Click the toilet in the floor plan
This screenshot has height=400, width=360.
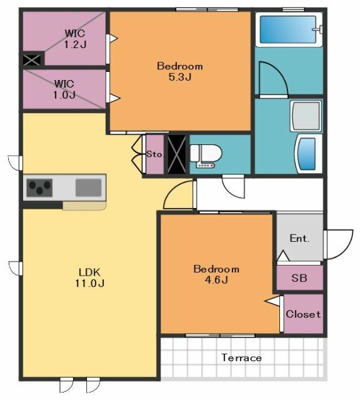tap(206, 156)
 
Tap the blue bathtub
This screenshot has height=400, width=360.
tap(288, 29)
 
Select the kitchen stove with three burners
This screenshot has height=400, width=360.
tap(39, 187)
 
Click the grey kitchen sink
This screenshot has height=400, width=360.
tap(88, 187)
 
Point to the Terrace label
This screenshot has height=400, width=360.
tap(241, 357)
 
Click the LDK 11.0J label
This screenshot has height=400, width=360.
tap(89, 277)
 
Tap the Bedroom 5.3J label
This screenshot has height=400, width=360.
tap(180, 71)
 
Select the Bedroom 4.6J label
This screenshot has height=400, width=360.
tap(216, 274)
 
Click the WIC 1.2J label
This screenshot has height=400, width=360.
tap(75, 39)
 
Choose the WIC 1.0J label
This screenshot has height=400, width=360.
tap(64, 89)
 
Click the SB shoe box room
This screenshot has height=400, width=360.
tap(299, 277)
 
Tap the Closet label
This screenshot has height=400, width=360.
tap(303, 314)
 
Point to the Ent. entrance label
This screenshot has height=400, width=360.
tap(299, 238)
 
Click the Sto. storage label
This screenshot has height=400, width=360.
tap(154, 154)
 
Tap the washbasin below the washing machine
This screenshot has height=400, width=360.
tap(309, 154)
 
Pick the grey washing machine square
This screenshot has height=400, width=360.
tap(306, 116)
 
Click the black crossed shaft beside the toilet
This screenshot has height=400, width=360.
tap(176, 154)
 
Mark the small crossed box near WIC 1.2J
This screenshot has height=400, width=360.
tap(32, 60)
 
